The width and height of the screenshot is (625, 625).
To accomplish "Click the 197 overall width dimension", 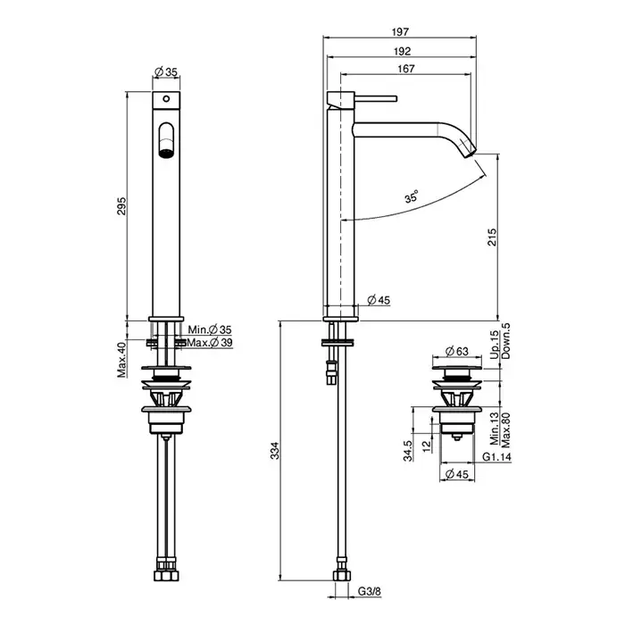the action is (x=400, y=31).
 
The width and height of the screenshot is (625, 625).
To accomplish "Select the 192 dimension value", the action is (x=402, y=52).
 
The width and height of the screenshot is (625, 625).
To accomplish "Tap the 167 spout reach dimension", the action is (x=405, y=69).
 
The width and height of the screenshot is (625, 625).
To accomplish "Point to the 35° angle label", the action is (x=412, y=196).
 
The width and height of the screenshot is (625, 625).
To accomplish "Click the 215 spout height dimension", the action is (x=493, y=237).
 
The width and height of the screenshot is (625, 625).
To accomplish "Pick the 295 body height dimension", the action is (x=121, y=206).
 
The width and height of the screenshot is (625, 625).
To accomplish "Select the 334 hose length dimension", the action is (x=275, y=451).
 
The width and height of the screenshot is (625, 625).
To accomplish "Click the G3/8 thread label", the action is (x=369, y=591).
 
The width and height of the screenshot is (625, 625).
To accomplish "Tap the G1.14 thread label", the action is (x=496, y=457).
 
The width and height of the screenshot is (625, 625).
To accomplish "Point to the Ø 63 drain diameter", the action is (x=457, y=351).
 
